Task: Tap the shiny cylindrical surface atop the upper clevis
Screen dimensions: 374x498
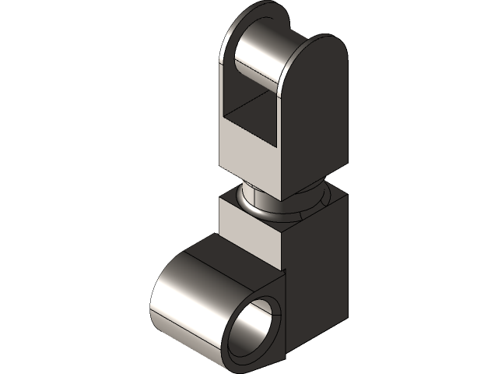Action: tap(261, 58)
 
